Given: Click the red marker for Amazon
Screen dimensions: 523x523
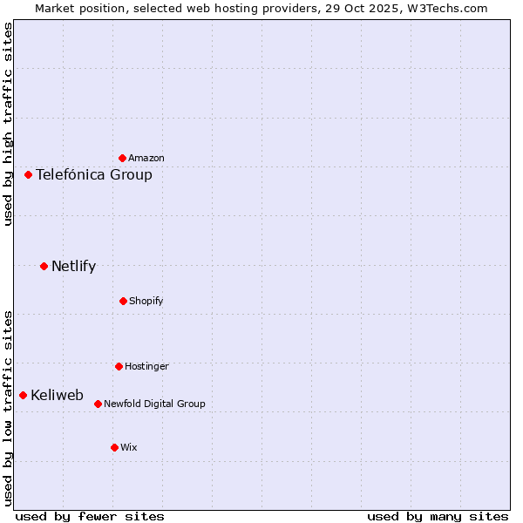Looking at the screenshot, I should click(123, 158).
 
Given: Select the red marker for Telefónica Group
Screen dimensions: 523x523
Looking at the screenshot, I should click(28, 174).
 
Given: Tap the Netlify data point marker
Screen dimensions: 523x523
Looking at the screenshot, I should click(44, 266).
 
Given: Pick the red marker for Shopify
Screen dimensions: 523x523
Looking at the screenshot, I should click(123, 301).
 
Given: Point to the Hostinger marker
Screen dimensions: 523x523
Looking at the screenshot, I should click(119, 366).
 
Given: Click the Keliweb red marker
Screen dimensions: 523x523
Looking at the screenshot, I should click(23, 395).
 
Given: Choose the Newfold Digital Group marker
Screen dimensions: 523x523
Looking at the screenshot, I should click(98, 404).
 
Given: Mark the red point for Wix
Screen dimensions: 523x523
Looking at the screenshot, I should click(114, 447).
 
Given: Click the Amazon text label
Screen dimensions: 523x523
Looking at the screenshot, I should click(146, 158).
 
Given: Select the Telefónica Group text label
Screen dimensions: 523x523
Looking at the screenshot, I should click(94, 174).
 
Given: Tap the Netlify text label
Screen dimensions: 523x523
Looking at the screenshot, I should click(73, 266).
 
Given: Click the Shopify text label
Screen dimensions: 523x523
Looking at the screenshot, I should click(146, 301).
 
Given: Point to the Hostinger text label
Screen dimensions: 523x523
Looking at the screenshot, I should click(146, 366).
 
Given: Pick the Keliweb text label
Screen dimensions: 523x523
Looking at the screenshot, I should click(57, 395).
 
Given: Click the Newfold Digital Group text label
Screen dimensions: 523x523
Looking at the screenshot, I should click(154, 404).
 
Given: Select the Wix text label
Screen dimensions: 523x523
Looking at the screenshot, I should click(129, 447).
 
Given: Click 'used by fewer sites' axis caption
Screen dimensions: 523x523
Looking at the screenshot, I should click(89, 516).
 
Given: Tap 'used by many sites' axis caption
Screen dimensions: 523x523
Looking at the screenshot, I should click(438, 516).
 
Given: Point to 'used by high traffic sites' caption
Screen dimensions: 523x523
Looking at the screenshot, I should click(8, 124).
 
